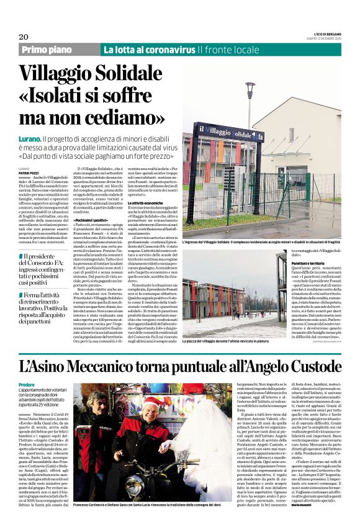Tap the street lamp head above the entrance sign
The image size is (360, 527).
point(250,84)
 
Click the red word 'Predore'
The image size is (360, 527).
point(27,385)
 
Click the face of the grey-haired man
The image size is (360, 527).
point(99,406)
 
